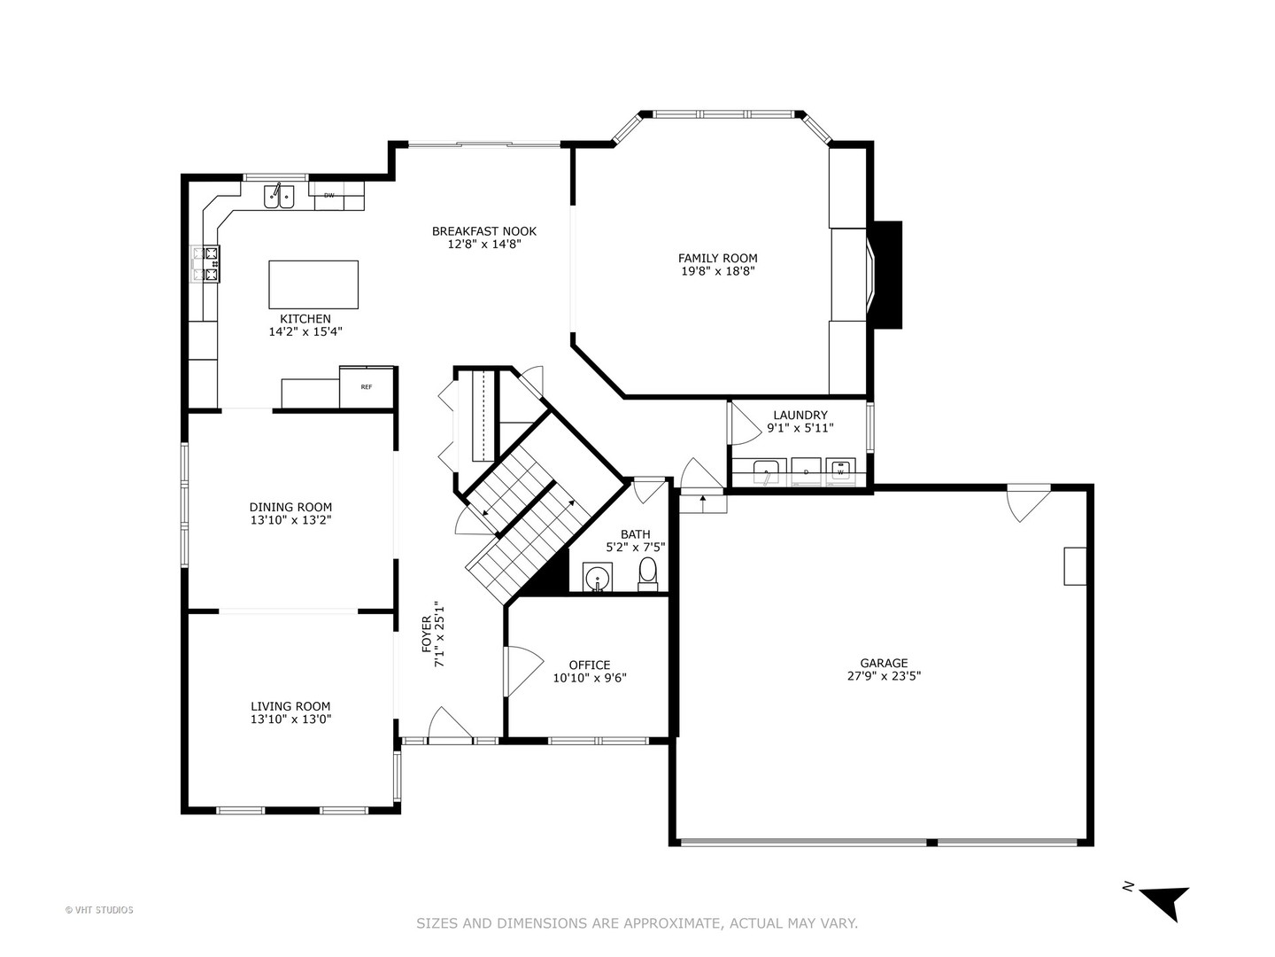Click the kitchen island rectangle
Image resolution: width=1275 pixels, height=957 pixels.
tap(313, 284)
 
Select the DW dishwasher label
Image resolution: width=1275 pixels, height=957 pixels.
tap(329, 195)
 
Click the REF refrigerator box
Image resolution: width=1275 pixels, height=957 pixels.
tap(367, 387)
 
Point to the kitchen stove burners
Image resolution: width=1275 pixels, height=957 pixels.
tap(206, 264)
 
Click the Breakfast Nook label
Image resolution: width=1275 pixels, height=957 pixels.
tap(483, 231)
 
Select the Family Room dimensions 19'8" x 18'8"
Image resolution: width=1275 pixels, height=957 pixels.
tap(717, 272)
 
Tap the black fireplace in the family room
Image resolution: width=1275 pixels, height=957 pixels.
tap(885, 275)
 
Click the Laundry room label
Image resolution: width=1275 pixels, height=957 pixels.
tap(800, 415)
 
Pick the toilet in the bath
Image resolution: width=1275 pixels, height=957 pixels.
tap(648, 573)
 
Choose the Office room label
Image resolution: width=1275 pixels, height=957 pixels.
tap(589, 665)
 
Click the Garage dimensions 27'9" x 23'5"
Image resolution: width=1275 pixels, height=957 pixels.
tap(884, 676)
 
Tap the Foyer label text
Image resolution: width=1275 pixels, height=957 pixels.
tap(426, 634)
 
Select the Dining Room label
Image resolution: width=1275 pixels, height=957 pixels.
tap(290, 508)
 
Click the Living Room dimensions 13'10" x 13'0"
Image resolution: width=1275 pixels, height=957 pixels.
tap(290, 720)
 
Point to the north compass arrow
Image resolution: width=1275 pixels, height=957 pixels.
tap(1163, 900)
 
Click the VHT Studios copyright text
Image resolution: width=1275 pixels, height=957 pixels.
tap(99, 910)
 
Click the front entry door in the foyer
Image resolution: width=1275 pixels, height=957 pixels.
tap(450, 725)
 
